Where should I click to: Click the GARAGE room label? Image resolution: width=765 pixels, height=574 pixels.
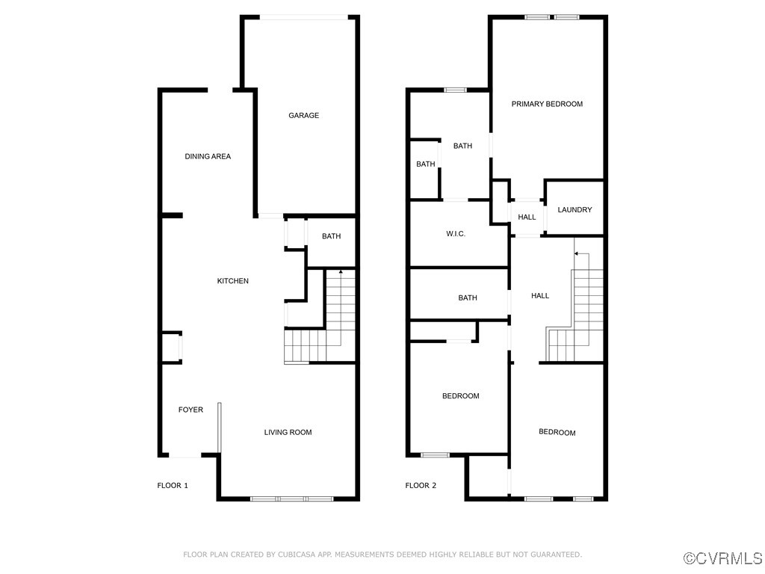(x=303, y=115)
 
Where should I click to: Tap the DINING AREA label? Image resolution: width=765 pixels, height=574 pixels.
(x=208, y=156)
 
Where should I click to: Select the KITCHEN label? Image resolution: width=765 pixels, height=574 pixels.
(x=232, y=281)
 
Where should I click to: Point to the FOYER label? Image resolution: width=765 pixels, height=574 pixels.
(x=191, y=410)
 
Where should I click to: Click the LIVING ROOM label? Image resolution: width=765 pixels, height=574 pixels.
(x=288, y=432)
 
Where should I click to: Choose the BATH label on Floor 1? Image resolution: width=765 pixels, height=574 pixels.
(x=331, y=236)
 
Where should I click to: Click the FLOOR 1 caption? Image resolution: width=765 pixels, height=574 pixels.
(x=173, y=485)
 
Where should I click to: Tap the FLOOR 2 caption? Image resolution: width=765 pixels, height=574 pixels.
(x=421, y=485)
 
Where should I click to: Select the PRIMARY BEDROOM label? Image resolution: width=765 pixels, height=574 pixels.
(x=547, y=104)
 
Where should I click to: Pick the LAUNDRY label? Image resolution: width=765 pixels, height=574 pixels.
(x=574, y=210)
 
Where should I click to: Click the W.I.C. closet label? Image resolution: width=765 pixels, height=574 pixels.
(x=456, y=234)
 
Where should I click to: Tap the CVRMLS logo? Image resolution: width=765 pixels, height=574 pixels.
(x=723, y=558)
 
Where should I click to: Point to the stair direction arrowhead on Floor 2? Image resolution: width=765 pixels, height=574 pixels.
(x=576, y=254)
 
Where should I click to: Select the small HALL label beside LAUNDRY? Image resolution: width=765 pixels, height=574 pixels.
(x=527, y=217)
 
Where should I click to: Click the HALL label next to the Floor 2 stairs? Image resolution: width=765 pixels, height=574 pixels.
(x=539, y=296)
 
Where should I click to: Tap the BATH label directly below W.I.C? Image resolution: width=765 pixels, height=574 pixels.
(x=467, y=298)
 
